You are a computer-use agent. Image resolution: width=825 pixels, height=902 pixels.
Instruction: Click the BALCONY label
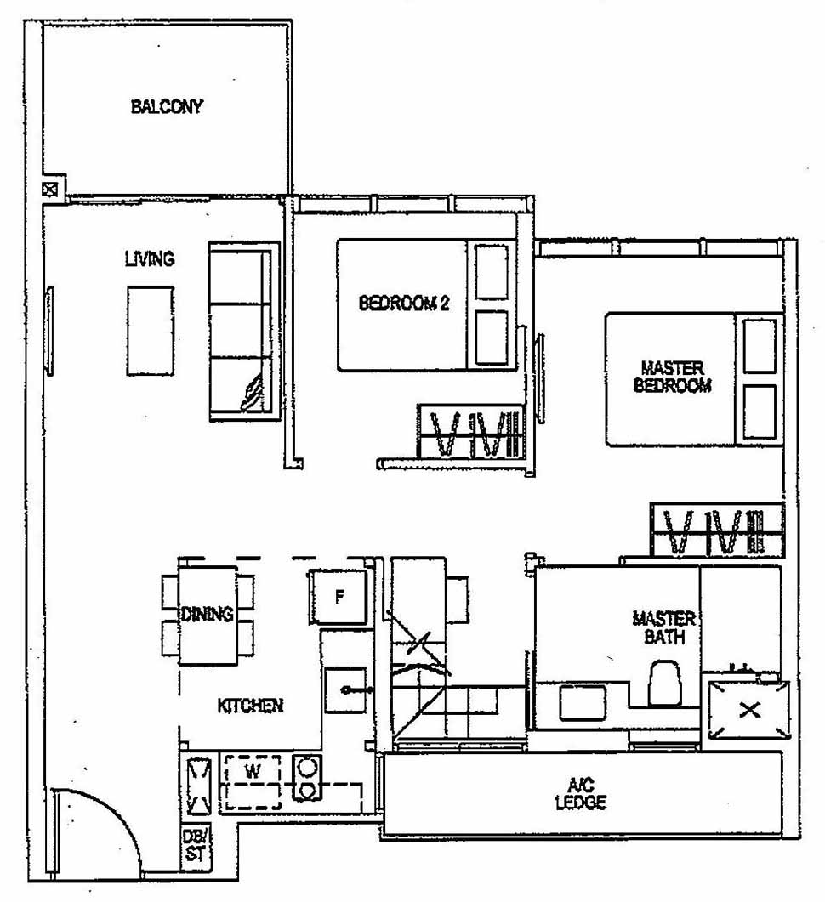point(167,107)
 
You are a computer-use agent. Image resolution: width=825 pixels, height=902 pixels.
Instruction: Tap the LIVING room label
point(150,258)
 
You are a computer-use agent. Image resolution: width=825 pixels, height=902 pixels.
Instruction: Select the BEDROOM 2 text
point(403,304)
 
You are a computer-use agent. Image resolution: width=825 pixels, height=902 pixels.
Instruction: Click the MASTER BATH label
point(664,627)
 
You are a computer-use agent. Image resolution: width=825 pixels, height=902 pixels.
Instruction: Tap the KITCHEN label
point(250,706)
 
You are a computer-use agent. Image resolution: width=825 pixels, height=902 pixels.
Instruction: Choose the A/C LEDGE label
point(583,795)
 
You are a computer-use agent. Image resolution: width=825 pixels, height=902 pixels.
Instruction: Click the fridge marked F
point(339,596)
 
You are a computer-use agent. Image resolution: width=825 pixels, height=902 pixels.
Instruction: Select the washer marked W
point(252,772)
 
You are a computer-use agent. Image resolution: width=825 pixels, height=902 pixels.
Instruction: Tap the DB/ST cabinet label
point(194,847)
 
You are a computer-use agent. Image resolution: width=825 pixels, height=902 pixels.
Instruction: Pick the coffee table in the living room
point(151,330)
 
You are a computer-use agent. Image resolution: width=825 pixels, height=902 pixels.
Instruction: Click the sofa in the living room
point(244,331)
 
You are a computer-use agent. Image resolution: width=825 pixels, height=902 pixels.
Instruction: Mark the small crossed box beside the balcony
point(52,189)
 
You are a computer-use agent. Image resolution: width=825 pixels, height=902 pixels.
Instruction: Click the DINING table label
point(208,615)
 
